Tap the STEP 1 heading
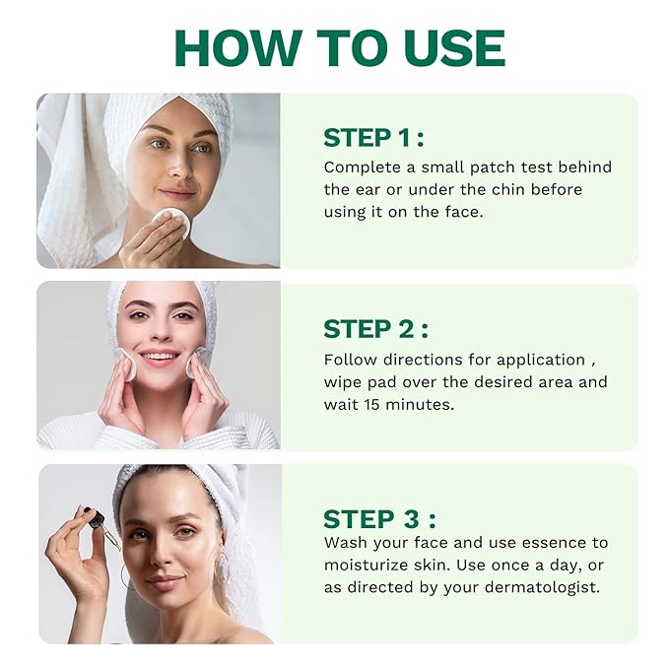[x=373, y=137]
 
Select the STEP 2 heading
[x=375, y=329]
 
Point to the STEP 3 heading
[x=379, y=519]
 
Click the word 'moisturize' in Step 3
[x=366, y=566]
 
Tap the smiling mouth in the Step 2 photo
[x=160, y=359]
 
